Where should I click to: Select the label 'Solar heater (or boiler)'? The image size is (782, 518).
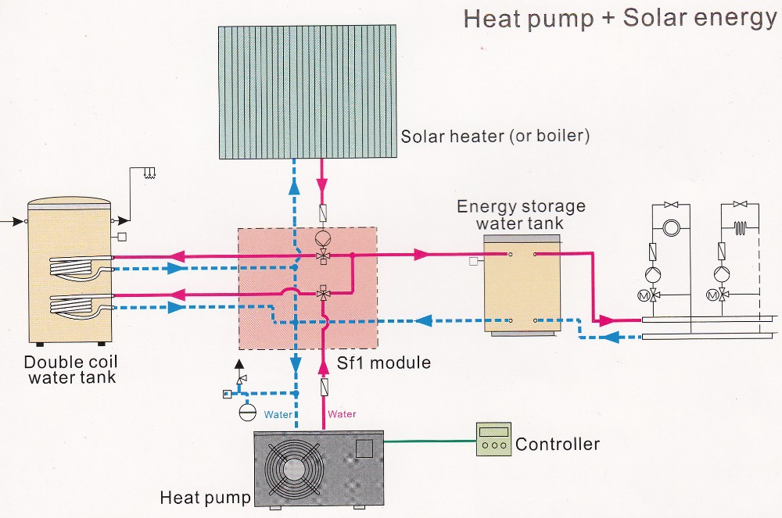click(x=495, y=137)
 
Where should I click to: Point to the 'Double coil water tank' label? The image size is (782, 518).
click(x=70, y=370)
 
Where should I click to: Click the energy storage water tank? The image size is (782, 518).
click(x=522, y=285)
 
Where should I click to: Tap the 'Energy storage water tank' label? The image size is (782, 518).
click(x=521, y=214)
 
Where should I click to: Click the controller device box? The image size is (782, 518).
click(x=493, y=439)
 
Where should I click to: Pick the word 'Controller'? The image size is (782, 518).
click(x=558, y=445)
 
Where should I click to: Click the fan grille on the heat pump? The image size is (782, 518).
click(x=293, y=468)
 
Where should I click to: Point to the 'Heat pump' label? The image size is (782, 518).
click(x=205, y=498)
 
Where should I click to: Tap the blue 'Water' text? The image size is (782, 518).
click(x=278, y=414)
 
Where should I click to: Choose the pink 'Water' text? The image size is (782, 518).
click(x=342, y=414)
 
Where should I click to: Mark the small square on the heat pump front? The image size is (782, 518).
click(x=364, y=448)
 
